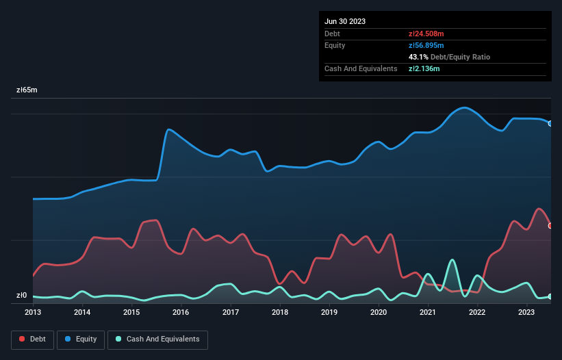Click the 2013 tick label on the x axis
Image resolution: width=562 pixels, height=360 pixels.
click(x=33, y=312)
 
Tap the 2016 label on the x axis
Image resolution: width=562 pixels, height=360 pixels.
click(x=181, y=312)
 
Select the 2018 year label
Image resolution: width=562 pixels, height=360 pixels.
click(x=279, y=312)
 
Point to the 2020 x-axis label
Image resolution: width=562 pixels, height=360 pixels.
click(x=378, y=312)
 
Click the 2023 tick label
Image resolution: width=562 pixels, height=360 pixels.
click(x=526, y=312)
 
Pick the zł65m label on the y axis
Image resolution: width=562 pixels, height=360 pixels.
click(x=27, y=90)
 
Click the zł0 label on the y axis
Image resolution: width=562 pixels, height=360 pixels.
click(x=22, y=296)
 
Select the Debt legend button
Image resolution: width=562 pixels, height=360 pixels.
click(x=31, y=339)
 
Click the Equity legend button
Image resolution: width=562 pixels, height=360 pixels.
click(x=80, y=339)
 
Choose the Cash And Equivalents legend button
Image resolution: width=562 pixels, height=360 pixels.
click(x=157, y=339)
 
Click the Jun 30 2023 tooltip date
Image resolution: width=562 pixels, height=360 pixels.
click(x=345, y=21)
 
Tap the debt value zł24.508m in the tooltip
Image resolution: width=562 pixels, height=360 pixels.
click(x=426, y=34)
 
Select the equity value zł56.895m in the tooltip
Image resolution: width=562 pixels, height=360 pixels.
click(x=426, y=45)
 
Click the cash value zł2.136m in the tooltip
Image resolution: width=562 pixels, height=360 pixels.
click(x=424, y=68)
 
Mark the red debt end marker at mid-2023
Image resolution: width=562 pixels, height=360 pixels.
click(x=550, y=225)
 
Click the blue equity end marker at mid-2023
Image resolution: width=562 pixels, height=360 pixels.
click(x=550, y=123)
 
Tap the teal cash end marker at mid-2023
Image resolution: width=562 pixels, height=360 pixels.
click(x=550, y=296)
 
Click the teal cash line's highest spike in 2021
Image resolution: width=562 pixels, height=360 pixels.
click(x=452, y=260)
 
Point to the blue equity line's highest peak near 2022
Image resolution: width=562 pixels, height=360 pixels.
click(x=465, y=107)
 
